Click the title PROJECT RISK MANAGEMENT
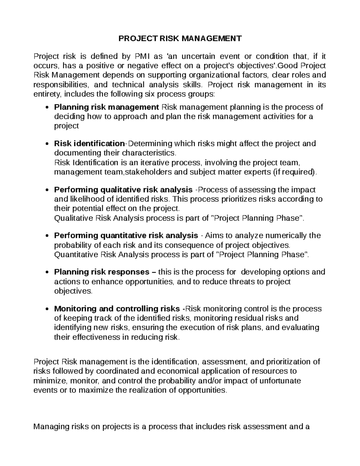pos(180,38)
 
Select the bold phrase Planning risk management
pos(106,107)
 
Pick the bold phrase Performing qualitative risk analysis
pos(123,190)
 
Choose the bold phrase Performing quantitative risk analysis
pos(126,236)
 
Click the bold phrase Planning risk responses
pos(101,272)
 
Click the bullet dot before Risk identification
pos(46,144)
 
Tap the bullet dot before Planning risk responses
pos(46,272)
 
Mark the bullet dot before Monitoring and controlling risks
pos(46,309)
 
